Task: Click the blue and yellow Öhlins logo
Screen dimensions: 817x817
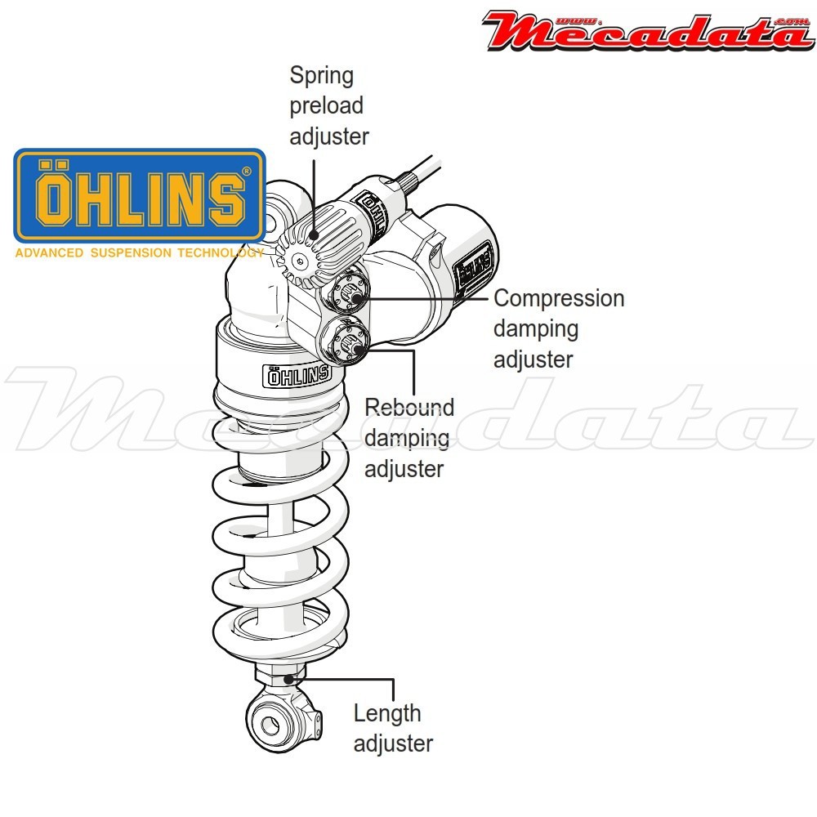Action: pos(140,195)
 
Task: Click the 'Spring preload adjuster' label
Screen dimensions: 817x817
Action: pos(328,106)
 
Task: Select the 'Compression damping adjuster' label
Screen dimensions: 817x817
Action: pos(558,328)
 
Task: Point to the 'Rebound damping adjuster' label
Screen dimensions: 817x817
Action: pos(408,438)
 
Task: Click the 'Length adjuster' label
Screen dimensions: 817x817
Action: pos(393,728)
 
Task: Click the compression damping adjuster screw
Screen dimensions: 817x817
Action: pos(349,291)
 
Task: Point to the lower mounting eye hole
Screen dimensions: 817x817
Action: pos(269,723)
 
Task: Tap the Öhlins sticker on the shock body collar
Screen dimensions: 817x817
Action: pos(297,375)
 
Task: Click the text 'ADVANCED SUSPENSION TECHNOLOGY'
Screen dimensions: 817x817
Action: pos(139,253)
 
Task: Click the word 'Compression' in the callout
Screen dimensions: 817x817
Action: pos(559,298)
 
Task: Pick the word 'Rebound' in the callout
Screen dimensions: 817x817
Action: pos(408,407)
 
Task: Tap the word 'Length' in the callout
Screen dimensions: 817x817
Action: pos(387,713)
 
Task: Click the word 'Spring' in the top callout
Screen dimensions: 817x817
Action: pos(322,76)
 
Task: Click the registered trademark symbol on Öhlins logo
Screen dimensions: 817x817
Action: pos(247,172)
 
